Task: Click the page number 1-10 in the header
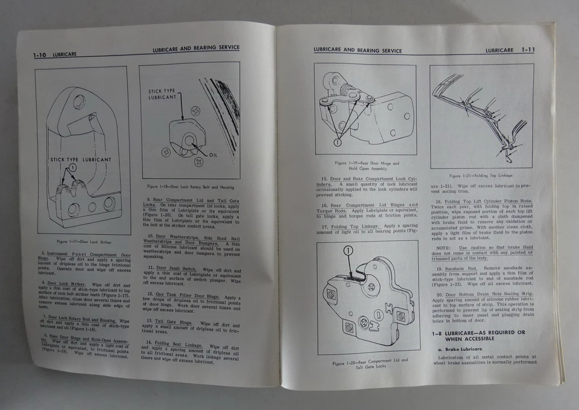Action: click(41, 55)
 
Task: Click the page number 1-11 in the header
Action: click(528, 50)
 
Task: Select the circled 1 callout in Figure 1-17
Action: click(72, 167)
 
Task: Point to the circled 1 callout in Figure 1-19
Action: click(337, 143)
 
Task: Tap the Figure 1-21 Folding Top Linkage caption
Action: click(480, 176)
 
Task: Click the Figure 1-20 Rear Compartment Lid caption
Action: click(370, 362)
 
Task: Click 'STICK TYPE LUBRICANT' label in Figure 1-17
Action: click(80, 159)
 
